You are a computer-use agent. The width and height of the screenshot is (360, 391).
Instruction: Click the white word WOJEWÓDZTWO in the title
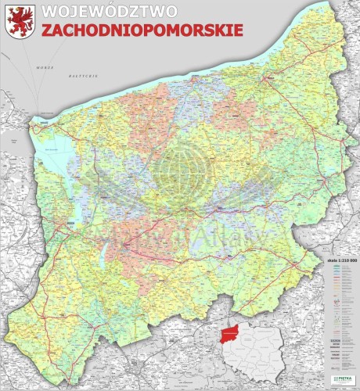tap(109, 12)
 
